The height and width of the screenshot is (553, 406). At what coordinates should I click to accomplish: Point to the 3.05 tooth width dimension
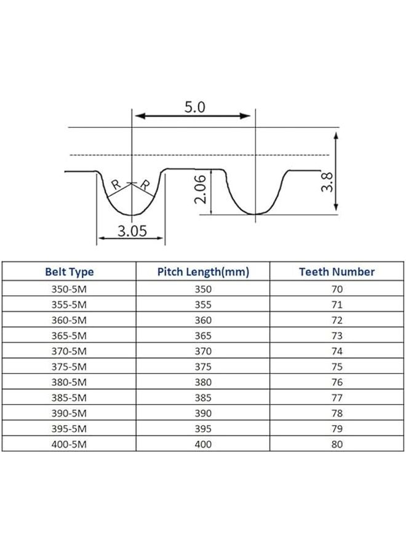pos(131,231)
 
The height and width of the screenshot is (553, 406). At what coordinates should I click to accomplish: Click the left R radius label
pos(116,184)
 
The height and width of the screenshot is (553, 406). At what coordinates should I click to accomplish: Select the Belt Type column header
pos(70,272)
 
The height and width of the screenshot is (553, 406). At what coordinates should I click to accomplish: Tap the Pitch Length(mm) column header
pos(203,272)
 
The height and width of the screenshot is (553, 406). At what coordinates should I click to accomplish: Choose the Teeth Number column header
pos(336,272)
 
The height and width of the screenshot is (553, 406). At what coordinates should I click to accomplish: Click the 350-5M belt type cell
pos(70,289)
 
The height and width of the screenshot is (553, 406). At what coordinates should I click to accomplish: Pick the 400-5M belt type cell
pos(70,444)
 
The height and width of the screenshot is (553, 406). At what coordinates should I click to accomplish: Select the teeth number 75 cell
pos(336,366)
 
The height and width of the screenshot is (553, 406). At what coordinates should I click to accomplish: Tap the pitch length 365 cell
pos(203,335)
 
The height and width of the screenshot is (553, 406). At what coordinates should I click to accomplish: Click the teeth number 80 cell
pos(336,444)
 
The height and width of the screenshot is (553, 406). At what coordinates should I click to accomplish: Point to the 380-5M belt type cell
pos(70,382)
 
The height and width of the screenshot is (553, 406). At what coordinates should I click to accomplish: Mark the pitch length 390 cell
pos(203,413)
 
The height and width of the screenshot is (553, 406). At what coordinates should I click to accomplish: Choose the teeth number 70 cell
pos(336,289)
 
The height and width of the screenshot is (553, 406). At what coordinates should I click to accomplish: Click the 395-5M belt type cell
pos(70,428)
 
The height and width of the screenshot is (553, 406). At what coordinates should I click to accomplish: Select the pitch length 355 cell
pos(203,304)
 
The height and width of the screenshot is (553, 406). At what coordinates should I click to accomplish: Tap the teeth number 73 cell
pos(336,335)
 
